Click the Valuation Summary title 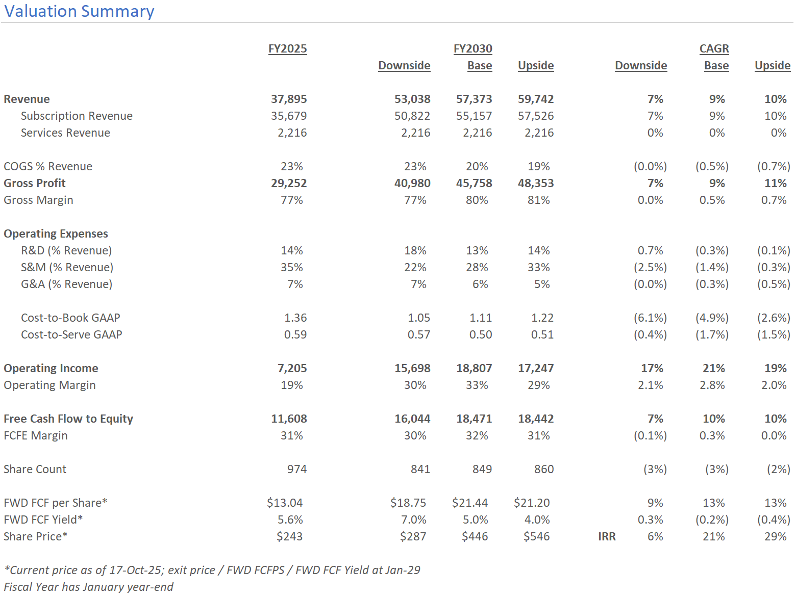click(79, 11)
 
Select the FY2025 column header click(288, 48)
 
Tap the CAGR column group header click(714, 48)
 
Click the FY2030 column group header click(473, 48)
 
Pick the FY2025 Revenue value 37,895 click(289, 99)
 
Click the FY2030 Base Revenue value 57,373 click(474, 99)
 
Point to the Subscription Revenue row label click(77, 116)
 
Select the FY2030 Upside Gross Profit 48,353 click(536, 184)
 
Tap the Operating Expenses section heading click(56, 233)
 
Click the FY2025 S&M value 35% click(291, 267)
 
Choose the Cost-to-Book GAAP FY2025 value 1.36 click(295, 318)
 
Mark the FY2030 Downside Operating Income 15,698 click(412, 368)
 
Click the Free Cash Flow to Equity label click(68, 419)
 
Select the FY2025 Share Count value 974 click(296, 469)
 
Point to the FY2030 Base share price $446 click(475, 536)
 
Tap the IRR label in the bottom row click(607, 536)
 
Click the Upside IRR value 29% click(775, 536)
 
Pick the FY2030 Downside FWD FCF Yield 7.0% click(413, 520)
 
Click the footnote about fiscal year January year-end click(88, 587)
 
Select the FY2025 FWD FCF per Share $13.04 click(285, 503)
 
